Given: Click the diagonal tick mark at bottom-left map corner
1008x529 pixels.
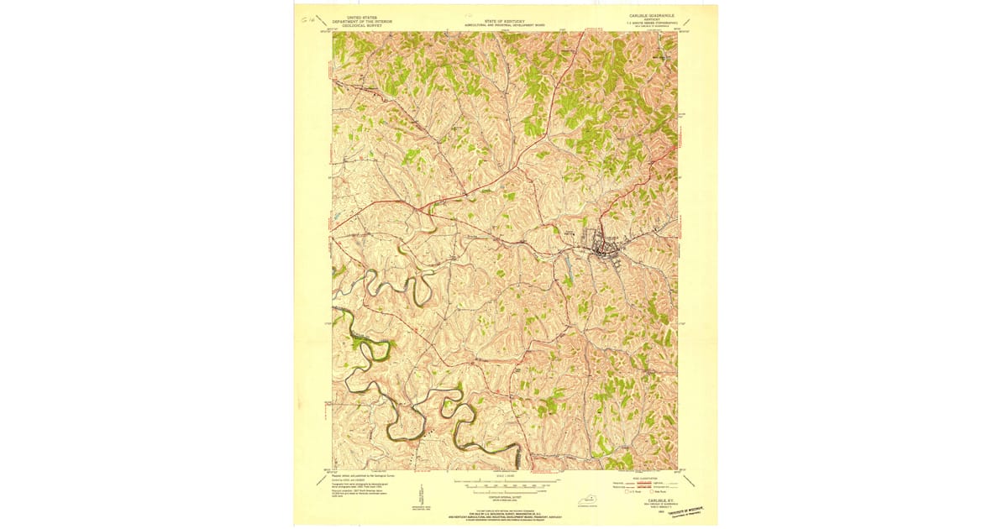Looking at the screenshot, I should click(319, 480).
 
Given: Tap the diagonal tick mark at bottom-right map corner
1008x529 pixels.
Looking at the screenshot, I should click(690, 480).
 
